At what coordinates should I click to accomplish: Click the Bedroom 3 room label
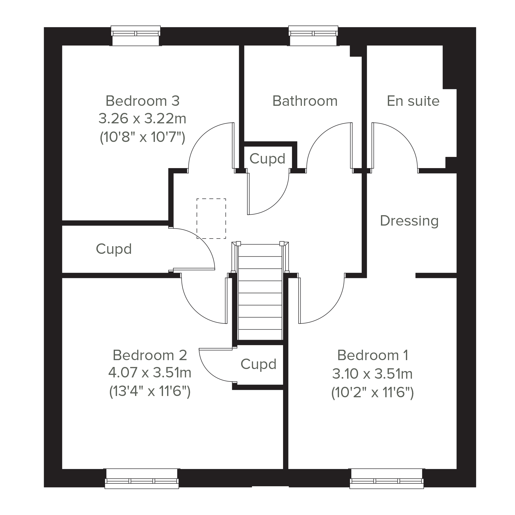pyautogui.click(x=143, y=101)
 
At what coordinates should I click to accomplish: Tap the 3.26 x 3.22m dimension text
pyautogui.click(x=142, y=118)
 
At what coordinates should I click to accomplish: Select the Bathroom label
pyautogui.click(x=305, y=101)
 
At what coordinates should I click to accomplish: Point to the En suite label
pyautogui.click(x=413, y=101)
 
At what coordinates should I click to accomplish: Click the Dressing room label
pyautogui.click(x=409, y=221)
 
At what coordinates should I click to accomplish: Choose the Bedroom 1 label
pyautogui.click(x=373, y=355)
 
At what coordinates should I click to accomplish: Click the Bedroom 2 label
pyautogui.click(x=150, y=355)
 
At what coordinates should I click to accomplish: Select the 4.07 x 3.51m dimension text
pyautogui.click(x=150, y=373)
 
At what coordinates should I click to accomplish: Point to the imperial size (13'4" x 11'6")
pyautogui.click(x=150, y=391)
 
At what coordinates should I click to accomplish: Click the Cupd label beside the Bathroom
pyautogui.click(x=267, y=159)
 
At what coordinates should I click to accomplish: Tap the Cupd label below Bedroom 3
pyautogui.click(x=114, y=249)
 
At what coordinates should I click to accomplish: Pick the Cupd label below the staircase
pyautogui.click(x=258, y=364)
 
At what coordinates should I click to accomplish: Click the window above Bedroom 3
pyautogui.click(x=136, y=36)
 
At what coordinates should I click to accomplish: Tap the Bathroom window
pyautogui.click(x=313, y=36)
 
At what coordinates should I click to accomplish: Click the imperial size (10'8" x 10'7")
pyautogui.click(x=142, y=138)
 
